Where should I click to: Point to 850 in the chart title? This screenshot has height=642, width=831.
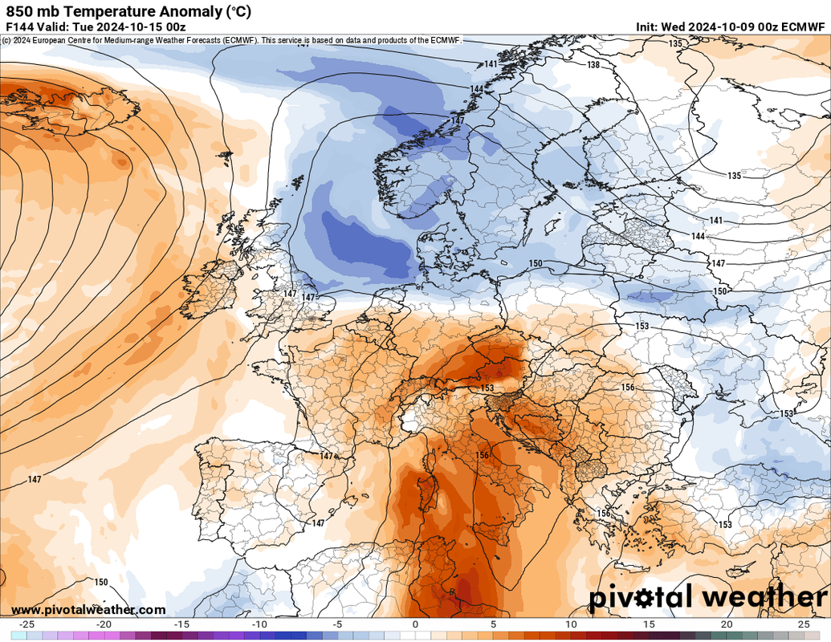21,11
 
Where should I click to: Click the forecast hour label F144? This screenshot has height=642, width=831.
18,27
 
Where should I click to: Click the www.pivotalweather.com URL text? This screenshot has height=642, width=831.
88,610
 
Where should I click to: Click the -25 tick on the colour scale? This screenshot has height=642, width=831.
26,624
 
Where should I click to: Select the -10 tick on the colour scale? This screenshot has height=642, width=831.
259,624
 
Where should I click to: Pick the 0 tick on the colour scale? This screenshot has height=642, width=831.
415,624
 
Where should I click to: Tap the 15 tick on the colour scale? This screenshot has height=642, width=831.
649,624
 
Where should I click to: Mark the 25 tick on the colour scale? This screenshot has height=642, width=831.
804,624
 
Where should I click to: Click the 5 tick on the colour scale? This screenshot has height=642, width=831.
493,624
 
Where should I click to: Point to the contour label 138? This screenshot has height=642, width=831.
593,65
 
